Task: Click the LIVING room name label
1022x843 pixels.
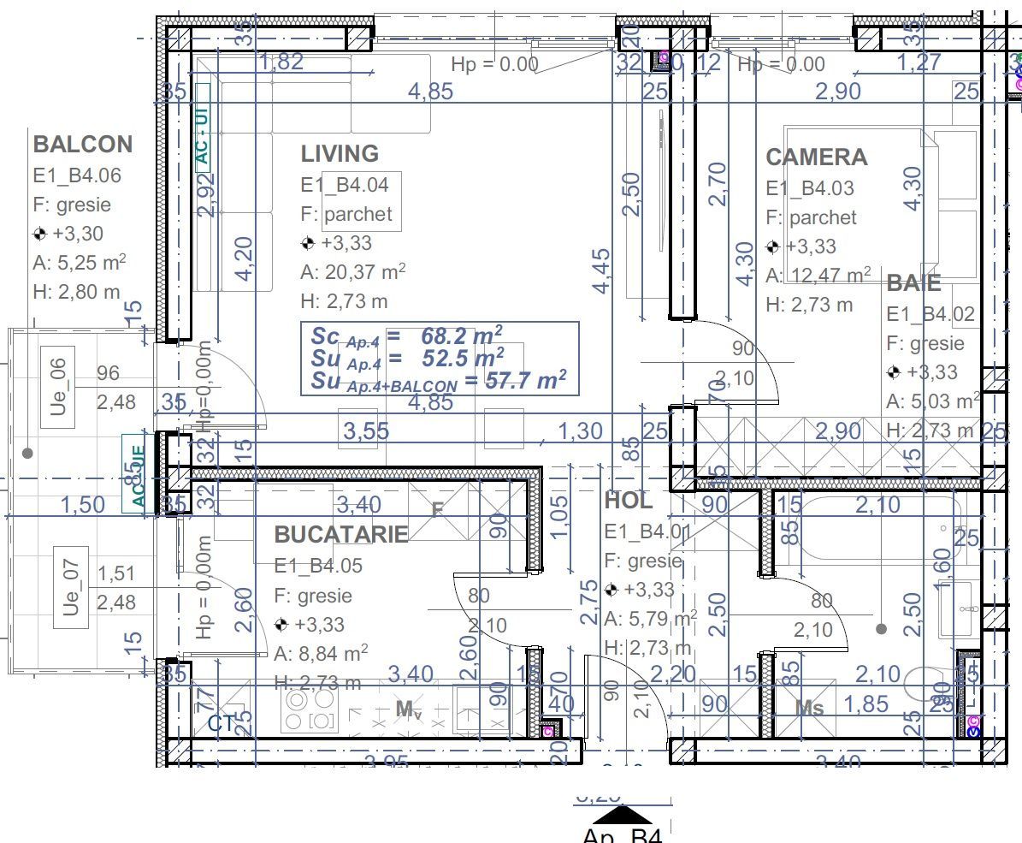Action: click(x=340, y=154)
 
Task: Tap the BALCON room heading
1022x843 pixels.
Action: click(x=83, y=144)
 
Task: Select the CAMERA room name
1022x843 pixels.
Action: click(x=816, y=157)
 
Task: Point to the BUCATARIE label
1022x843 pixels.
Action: click(x=340, y=535)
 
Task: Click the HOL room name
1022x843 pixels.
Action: click(x=628, y=501)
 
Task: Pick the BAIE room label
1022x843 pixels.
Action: click(x=913, y=283)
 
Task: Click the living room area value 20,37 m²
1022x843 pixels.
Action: click(x=352, y=272)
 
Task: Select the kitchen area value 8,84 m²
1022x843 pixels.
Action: click(x=321, y=654)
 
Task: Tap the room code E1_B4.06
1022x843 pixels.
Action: click(x=77, y=175)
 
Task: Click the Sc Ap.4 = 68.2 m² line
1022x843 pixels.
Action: click(x=407, y=335)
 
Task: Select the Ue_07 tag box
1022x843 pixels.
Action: click(x=71, y=587)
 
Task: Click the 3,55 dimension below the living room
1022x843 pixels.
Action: click(x=365, y=431)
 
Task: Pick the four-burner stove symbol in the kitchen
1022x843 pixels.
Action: click(x=310, y=710)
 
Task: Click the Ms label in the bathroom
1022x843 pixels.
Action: click(x=809, y=708)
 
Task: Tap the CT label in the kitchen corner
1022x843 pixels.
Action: click(x=221, y=724)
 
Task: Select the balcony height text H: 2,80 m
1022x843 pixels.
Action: click(x=77, y=292)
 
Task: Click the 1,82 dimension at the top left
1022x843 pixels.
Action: click(x=281, y=62)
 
